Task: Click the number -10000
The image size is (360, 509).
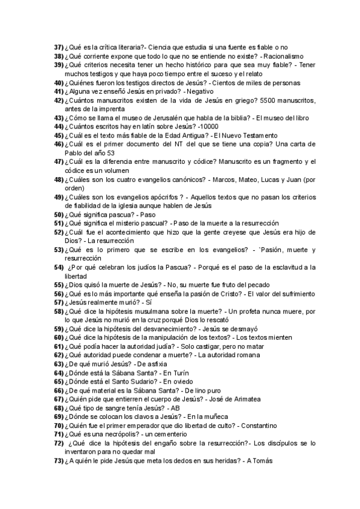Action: (x=206, y=127)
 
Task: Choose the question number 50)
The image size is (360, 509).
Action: (x=59, y=214)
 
